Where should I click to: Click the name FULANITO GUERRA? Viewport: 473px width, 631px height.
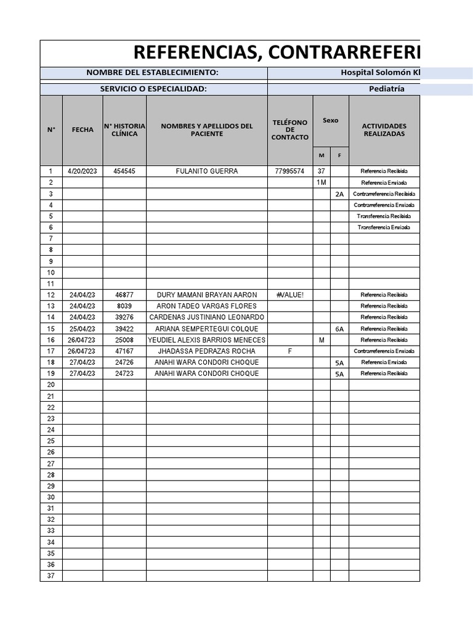point(207,171)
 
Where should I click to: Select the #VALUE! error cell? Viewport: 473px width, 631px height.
point(290,295)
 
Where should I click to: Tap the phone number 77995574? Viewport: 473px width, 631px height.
point(290,171)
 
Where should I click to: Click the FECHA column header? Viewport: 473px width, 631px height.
point(83,130)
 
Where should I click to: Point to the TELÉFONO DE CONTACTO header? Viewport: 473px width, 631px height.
point(290,130)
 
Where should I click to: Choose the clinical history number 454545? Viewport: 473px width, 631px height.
point(124,171)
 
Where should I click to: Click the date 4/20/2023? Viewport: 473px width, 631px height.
point(83,171)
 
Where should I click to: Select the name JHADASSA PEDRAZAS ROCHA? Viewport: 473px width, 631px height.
point(207,351)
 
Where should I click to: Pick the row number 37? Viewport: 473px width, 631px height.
point(51,576)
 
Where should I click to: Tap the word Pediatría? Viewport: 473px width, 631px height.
point(386,89)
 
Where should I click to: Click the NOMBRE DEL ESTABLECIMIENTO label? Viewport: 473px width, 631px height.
point(152,73)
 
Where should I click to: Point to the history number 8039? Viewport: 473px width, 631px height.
point(124,306)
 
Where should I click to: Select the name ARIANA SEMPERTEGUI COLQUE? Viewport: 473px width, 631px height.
point(207,329)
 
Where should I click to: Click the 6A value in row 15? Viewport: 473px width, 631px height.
point(339,329)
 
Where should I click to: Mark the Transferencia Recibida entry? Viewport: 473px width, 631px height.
point(384,216)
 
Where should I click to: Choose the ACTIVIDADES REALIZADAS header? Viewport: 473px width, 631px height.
point(384,130)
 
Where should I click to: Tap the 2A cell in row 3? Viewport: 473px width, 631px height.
point(339,194)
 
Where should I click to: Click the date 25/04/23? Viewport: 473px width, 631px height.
point(83,329)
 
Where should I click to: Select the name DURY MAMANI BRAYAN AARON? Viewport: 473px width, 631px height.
point(207,295)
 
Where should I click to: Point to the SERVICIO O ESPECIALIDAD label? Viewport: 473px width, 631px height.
point(153,89)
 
